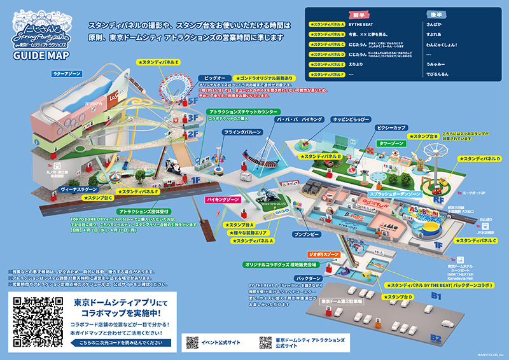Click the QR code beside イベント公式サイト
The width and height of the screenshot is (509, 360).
(192, 342)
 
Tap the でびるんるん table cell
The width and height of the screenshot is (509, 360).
(439, 74)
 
